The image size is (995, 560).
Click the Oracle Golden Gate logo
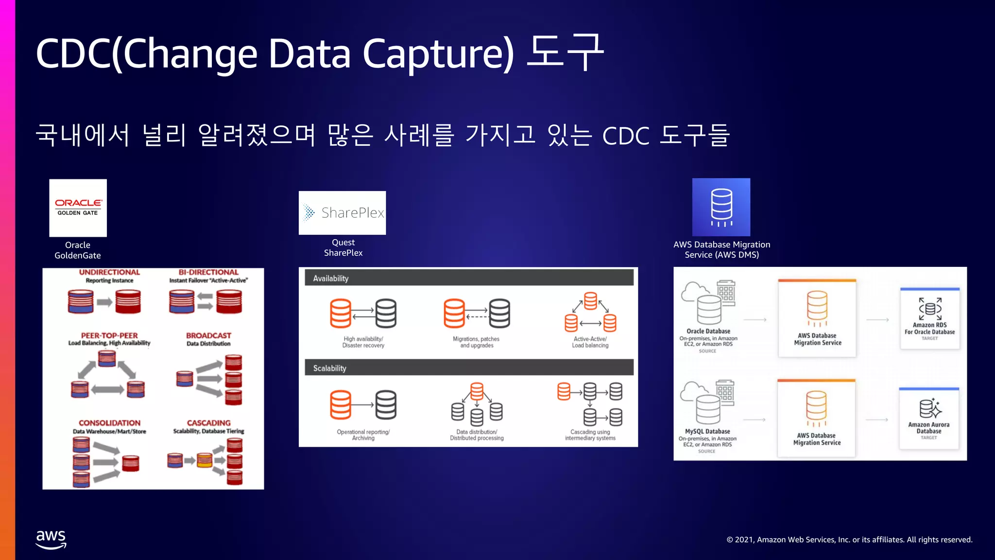click(78, 208)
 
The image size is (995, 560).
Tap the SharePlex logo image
click(342, 212)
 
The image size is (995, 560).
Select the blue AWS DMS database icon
click(721, 207)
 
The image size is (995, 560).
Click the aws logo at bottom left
click(51, 539)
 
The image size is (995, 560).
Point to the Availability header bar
click(469, 278)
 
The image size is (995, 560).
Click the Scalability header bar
click(469, 368)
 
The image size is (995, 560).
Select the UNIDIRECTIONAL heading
click(109, 272)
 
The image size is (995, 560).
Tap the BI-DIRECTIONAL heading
click(208, 272)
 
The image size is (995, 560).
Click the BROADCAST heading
click(208, 335)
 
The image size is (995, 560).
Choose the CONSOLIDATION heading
click(109, 423)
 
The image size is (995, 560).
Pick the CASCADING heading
click(208, 423)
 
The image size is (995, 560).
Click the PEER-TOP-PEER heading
click(109, 335)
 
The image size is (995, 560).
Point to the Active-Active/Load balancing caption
click(590, 342)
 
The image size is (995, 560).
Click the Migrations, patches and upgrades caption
click(476, 342)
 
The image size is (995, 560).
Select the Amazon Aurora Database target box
click(928, 419)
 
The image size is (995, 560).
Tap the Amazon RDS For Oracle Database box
click(929, 318)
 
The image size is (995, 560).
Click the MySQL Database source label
click(707, 432)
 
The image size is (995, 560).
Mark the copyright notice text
click(849, 540)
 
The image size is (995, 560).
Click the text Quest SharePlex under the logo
click(343, 247)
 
